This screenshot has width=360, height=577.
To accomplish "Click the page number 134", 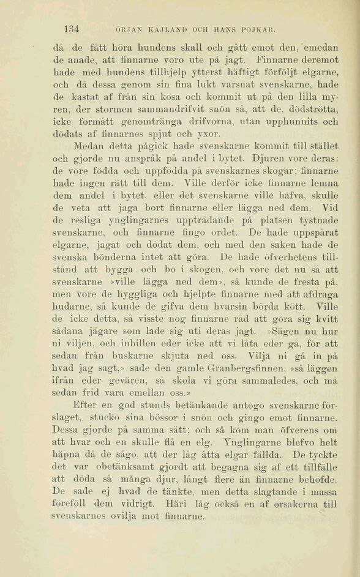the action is coord(72,28).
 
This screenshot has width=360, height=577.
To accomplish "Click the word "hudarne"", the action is coord(71,302).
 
